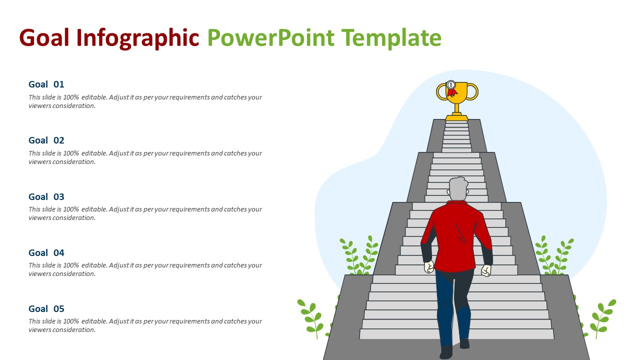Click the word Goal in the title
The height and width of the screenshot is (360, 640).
click(x=44, y=38)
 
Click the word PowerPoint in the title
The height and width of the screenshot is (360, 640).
click(x=270, y=38)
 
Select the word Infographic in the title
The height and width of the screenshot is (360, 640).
click(x=138, y=38)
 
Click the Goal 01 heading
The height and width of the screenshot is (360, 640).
click(x=46, y=84)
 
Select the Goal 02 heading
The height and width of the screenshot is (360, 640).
click(x=46, y=140)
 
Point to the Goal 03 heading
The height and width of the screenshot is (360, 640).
click(x=46, y=196)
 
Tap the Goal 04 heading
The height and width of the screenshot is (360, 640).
click(x=46, y=252)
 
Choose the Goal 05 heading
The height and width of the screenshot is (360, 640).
click(x=46, y=308)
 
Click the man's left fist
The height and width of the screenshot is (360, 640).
click(x=429, y=267)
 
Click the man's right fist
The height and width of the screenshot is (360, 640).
click(x=486, y=270)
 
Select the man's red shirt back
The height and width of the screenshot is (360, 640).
click(x=456, y=235)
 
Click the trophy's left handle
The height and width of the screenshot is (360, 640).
click(x=441, y=91)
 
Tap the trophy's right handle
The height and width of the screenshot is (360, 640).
click(x=473, y=91)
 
